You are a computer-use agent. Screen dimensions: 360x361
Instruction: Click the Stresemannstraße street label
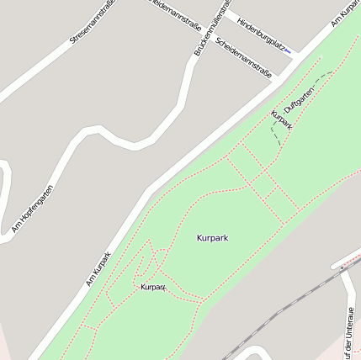pyautogui.click(x=93, y=23)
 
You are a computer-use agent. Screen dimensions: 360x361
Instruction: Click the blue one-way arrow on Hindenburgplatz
pyautogui.click(x=288, y=52)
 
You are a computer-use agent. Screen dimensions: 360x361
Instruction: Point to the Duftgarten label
pyautogui.click(x=299, y=99)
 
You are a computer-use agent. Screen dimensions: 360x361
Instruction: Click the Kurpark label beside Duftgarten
pyautogui.click(x=281, y=119)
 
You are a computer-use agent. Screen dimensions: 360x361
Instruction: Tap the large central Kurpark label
pyautogui.click(x=212, y=237)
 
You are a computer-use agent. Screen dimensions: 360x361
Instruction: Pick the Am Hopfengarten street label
pyautogui.click(x=33, y=209)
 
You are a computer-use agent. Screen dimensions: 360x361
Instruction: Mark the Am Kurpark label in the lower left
pyautogui.click(x=98, y=268)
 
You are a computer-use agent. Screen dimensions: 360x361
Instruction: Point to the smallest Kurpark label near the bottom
pyautogui.click(x=153, y=287)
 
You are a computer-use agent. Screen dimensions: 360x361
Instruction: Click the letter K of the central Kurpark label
pyautogui.click(x=199, y=237)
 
